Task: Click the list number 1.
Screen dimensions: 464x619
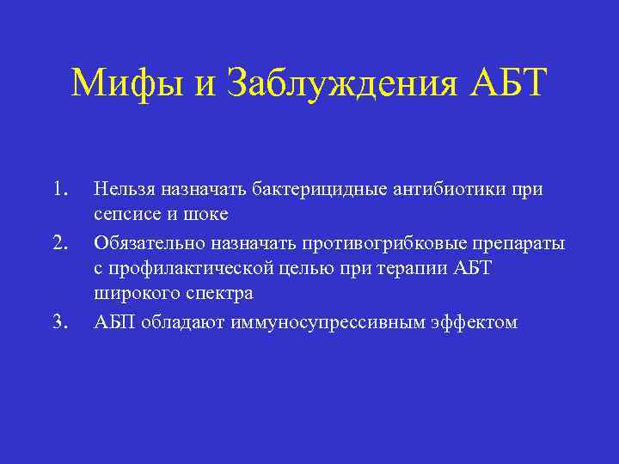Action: click(x=58, y=189)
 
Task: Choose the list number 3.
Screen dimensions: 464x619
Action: click(x=58, y=322)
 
